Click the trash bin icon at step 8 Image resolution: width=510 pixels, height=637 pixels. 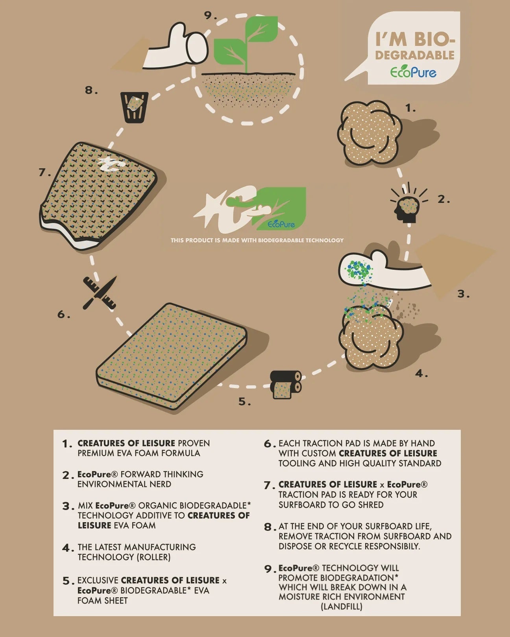pyautogui.click(x=134, y=107)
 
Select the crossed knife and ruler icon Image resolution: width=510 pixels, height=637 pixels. pyautogui.click(x=100, y=293)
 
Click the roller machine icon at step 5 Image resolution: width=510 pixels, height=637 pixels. pyautogui.click(x=286, y=384)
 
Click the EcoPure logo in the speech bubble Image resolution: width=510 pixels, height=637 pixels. pyautogui.click(x=413, y=72)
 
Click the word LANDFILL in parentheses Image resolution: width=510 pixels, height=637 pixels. pyautogui.click(x=342, y=606)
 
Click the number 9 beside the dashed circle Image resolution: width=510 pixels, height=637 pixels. pyautogui.click(x=210, y=16)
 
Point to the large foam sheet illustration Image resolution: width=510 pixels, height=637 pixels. pyautogui.click(x=171, y=356)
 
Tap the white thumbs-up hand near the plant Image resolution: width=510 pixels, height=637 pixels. pyautogui.click(x=176, y=47)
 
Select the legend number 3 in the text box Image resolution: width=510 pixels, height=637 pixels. pyautogui.click(x=68, y=506)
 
